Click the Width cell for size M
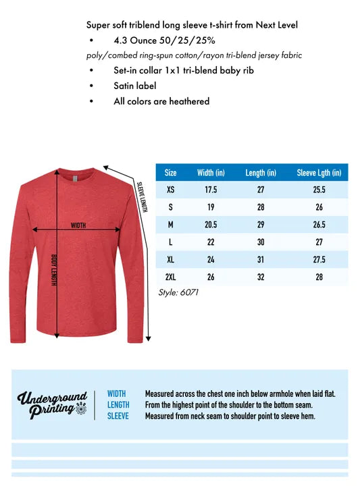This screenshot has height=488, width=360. (x=211, y=224)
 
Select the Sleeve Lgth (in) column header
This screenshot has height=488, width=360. (x=319, y=173)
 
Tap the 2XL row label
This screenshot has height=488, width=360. (x=170, y=277)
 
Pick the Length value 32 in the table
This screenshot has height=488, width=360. (x=260, y=277)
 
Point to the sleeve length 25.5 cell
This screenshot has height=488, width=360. (x=319, y=190)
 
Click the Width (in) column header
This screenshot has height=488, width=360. (x=211, y=173)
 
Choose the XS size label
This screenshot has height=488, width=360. (x=170, y=190)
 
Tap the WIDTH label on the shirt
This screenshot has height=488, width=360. (x=78, y=225)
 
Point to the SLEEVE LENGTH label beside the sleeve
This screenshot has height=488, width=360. (x=142, y=196)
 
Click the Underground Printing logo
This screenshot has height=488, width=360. (x=53, y=405)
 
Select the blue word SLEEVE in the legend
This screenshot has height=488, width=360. (x=118, y=416)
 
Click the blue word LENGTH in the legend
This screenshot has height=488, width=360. (x=118, y=404)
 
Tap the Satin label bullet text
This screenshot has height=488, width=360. (x=135, y=86)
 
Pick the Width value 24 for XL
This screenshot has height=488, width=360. (x=211, y=259)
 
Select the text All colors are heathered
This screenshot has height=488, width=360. (x=161, y=101)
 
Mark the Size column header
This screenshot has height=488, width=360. (x=170, y=173)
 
